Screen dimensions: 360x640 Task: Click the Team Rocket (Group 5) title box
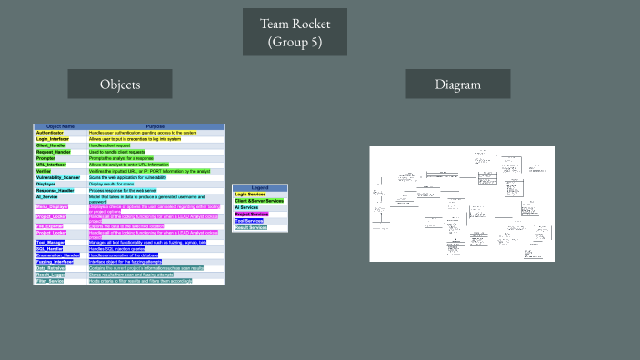(x=295, y=33)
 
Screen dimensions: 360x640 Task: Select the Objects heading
(x=119, y=85)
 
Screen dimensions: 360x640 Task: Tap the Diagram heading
(x=457, y=85)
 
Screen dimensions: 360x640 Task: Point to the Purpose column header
(x=155, y=125)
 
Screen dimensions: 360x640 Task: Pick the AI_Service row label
(x=47, y=196)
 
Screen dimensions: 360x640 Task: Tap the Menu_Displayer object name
(x=53, y=207)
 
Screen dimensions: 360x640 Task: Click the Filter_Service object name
(x=51, y=281)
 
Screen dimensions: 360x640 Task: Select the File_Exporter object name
(x=51, y=225)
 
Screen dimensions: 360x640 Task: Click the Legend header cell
(x=260, y=187)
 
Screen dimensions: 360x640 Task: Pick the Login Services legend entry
(x=252, y=194)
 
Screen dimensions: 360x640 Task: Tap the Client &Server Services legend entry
(x=259, y=200)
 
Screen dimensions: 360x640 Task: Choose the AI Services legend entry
(x=247, y=207)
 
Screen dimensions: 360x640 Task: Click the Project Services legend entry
(x=252, y=214)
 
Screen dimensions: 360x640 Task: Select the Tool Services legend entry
(x=249, y=220)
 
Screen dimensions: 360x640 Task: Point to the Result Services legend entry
(x=251, y=227)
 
